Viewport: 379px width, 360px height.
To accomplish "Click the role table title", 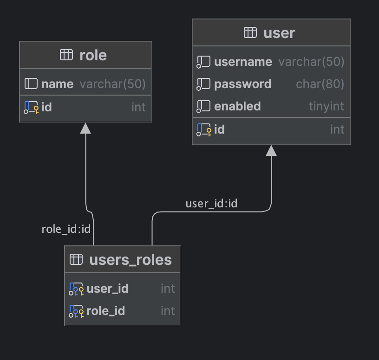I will pos(93,55).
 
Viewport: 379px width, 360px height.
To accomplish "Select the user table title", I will pos(279,33).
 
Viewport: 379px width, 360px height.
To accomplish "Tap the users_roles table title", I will pos(130,260).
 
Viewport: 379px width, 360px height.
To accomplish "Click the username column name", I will pos(243,62).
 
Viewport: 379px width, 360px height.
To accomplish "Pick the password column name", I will pos(242,84).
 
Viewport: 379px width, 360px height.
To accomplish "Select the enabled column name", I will pos(237,106).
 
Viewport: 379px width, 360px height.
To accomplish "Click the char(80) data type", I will pos(320,84).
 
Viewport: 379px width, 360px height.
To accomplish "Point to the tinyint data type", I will pos(327,106).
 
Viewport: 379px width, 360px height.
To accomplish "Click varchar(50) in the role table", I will pos(112,84).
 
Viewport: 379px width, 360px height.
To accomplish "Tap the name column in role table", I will pos(57,84).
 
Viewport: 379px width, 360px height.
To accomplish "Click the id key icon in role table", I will pos(31,108).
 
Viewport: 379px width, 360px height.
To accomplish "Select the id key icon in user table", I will pos(204,130).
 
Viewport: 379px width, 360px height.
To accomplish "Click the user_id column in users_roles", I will pos(107,289).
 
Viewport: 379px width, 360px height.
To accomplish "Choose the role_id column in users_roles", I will pos(105,311).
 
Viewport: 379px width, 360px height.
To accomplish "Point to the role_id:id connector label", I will pos(65,229).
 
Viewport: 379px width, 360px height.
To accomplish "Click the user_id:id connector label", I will pos(211,204).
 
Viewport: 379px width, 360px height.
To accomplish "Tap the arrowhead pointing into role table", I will pos(85,128).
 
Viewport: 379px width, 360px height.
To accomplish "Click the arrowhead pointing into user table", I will pos(271,150).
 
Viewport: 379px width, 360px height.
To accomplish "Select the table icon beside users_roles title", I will pos(76,259).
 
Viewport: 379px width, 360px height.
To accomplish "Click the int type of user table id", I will pos(337,129).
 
